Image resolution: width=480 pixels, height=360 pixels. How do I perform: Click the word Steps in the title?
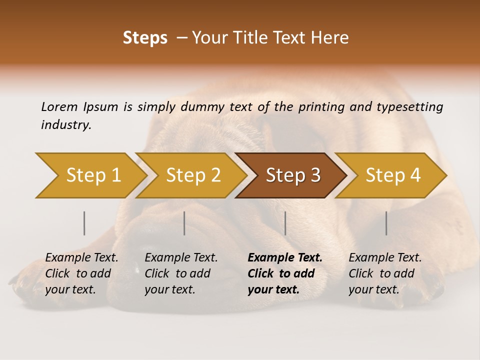[x=145, y=38]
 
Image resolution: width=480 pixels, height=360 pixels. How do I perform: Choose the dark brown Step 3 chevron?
[x=293, y=175]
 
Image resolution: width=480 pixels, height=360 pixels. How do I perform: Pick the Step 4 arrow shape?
[x=393, y=175]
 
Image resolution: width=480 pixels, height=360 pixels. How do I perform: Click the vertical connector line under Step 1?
[x=84, y=223]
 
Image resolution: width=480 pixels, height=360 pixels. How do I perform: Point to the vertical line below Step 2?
[x=184, y=223]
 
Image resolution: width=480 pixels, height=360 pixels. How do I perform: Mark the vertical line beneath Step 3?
[x=285, y=223]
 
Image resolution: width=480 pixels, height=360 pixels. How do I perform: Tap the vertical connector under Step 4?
[x=386, y=223]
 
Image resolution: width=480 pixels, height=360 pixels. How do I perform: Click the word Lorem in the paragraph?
[x=59, y=107]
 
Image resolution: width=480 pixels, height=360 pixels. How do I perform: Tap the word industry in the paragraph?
[x=66, y=125]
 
